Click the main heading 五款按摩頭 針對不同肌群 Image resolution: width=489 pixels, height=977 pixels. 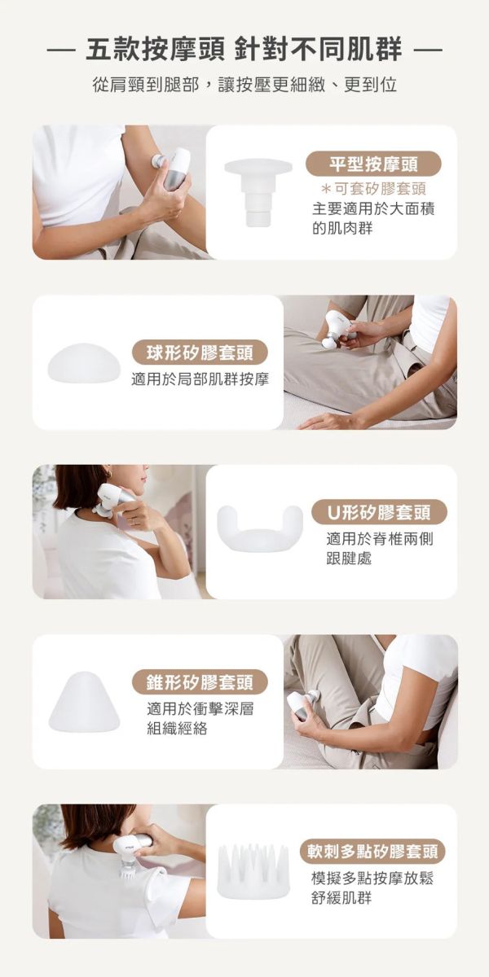coord(244,50)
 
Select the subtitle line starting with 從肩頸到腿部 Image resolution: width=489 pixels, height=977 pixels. coord(244,85)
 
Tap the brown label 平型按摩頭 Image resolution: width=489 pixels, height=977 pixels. coord(373,164)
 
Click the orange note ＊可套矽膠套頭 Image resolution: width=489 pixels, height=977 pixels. coord(372,188)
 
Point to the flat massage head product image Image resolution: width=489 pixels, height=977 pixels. coord(258,191)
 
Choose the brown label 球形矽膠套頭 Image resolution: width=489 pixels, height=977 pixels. coord(200,354)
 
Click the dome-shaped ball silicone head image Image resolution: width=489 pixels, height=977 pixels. coord(84,362)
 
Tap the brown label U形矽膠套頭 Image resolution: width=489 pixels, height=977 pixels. coord(379,513)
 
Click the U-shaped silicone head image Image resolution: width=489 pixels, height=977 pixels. coord(259,527)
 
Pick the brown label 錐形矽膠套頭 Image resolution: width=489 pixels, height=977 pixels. coord(200,682)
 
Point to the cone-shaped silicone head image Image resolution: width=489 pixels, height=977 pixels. coord(84,702)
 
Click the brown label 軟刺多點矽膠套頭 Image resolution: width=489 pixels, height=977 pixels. coord(372,852)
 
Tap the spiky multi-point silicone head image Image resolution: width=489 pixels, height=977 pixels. coord(253,871)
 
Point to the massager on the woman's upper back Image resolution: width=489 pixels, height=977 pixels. coord(130,851)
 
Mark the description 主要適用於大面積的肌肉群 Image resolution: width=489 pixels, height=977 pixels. coord(372,218)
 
